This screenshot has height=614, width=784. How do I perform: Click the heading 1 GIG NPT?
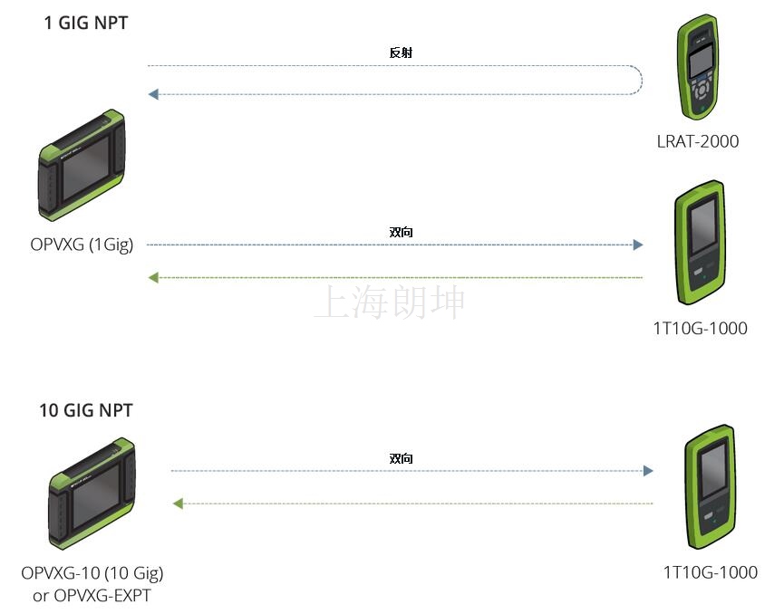point(86,23)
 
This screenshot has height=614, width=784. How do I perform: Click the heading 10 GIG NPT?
point(86,410)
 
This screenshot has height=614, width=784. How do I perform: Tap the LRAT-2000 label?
point(698,141)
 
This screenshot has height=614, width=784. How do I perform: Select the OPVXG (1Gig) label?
point(82,245)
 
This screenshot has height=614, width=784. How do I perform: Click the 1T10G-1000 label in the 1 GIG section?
point(700,328)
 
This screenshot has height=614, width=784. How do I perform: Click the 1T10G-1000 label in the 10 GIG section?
point(710,572)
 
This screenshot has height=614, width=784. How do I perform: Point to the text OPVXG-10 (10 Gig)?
point(92,573)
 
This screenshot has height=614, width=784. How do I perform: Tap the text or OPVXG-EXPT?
point(92,596)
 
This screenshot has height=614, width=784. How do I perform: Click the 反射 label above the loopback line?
point(401,53)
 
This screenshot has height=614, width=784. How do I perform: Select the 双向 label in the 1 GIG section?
point(401,232)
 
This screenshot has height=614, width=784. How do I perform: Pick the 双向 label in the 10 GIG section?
point(401,458)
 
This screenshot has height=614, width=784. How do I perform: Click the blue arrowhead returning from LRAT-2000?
point(153,94)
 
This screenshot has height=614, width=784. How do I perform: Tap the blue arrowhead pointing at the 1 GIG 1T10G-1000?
point(637,245)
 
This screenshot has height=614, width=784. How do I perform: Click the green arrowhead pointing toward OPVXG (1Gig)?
point(153,277)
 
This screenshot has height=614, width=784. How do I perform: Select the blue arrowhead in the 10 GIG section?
point(648,471)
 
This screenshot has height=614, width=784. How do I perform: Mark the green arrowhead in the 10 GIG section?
point(178,504)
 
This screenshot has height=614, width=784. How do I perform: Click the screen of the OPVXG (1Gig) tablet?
point(85,168)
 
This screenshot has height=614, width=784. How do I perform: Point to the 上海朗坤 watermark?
point(390,302)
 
